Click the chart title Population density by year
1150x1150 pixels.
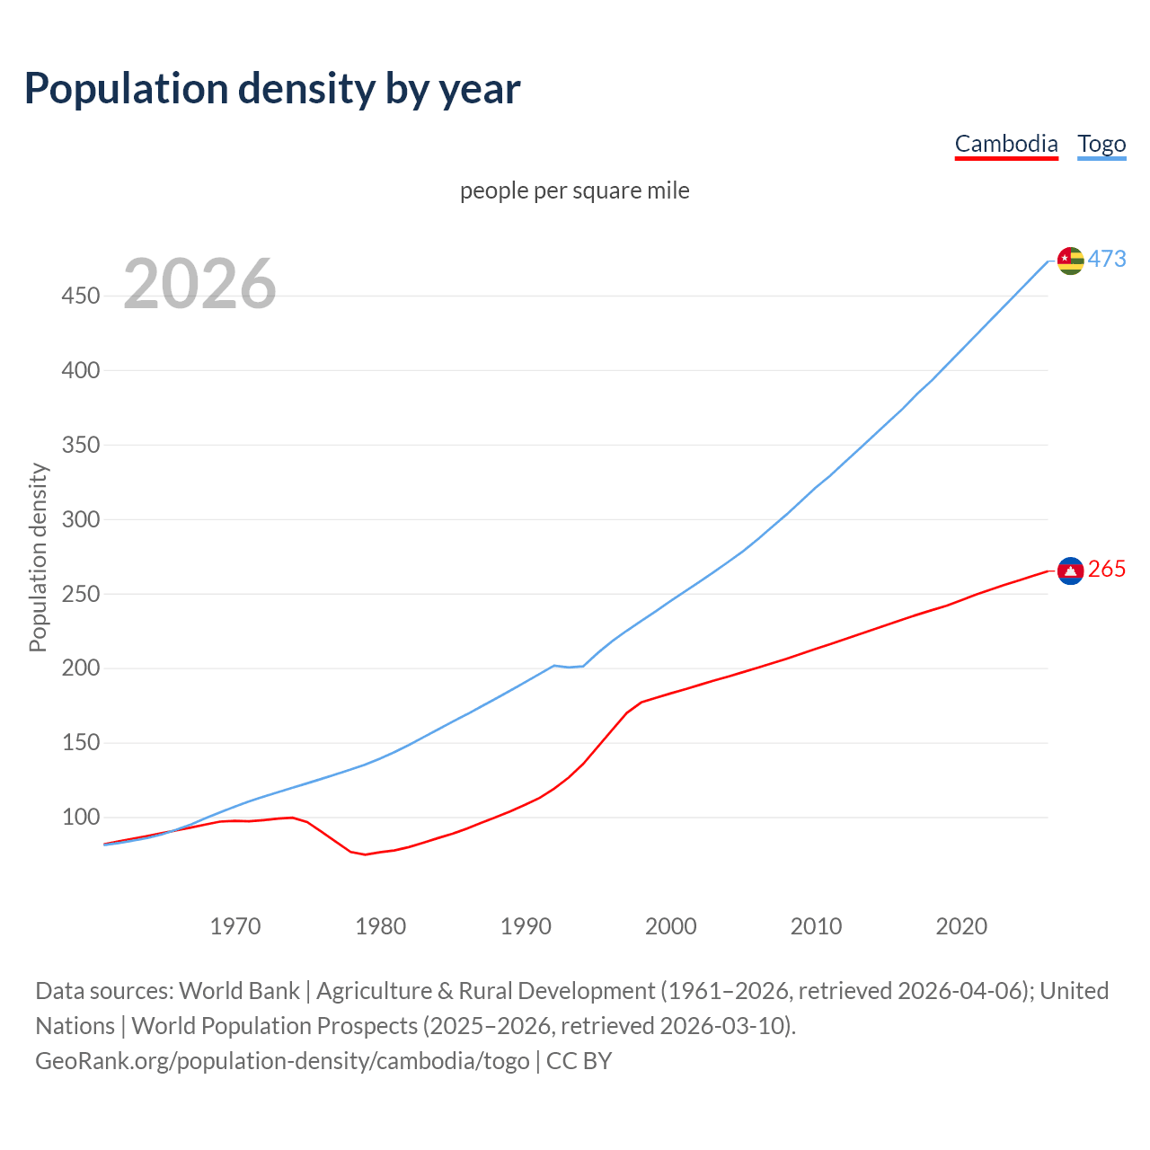(x=272, y=89)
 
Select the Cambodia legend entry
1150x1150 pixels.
(x=1006, y=144)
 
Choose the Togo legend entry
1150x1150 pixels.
(x=1101, y=144)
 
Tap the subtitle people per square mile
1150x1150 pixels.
(x=575, y=190)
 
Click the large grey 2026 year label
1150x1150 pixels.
(x=199, y=284)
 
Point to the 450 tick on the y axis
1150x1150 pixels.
(x=81, y=296)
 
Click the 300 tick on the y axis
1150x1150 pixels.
(x=81, y=519)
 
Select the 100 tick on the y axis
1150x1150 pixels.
(x=81, y=818)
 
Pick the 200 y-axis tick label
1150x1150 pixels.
(x=81, y=668)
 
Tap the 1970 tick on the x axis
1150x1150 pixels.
(x=235, y=926)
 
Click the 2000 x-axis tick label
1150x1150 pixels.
(x=671, y=926)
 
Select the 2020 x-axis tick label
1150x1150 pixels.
(x=961, y=926)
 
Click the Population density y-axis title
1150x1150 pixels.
(x=38, y=557)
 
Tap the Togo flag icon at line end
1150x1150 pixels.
(x=1071, y=261)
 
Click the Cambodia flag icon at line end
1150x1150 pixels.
(x=1071, y=571)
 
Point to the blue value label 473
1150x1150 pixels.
(x=1107, y=259)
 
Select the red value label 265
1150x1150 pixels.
(x=1107, y=570)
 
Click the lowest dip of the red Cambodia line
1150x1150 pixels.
(x=365, y=854)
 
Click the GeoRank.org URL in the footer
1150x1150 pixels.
(x=282, y=1061)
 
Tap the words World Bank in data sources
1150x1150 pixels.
(x=239, y=991)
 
